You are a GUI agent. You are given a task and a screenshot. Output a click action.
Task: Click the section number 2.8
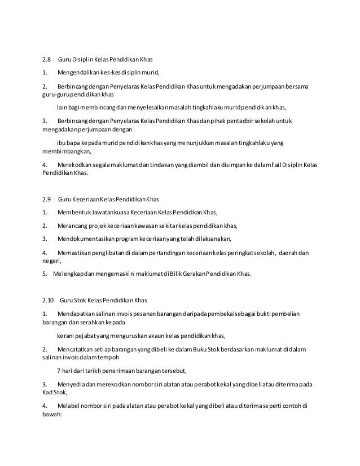pos(47,59)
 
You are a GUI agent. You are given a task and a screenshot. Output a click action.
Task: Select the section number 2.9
pos(47,199)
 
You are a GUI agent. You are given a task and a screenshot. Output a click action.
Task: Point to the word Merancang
pos(73,226)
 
